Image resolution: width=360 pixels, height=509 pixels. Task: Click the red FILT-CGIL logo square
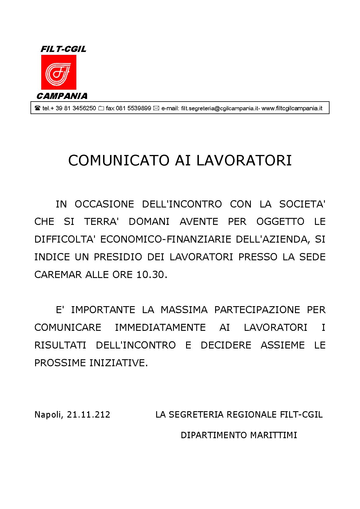[59, 72]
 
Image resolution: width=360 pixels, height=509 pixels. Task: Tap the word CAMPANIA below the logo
[62, 96]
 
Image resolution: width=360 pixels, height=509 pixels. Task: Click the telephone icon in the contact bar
[37, 109]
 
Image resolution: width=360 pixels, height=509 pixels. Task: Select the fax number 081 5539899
[133, 109]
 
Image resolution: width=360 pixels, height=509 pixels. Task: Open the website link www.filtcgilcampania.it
[292, 109]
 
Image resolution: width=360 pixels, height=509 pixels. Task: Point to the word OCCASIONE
[104, 204]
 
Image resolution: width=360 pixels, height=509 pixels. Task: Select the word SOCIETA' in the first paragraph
[302, 204]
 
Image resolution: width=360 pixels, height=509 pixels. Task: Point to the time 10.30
[152, 275]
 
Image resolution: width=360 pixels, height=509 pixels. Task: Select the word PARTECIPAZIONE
[257, 310]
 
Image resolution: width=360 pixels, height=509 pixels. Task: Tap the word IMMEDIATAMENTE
[160, 327]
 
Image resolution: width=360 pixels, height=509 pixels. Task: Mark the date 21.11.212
[89, 414]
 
